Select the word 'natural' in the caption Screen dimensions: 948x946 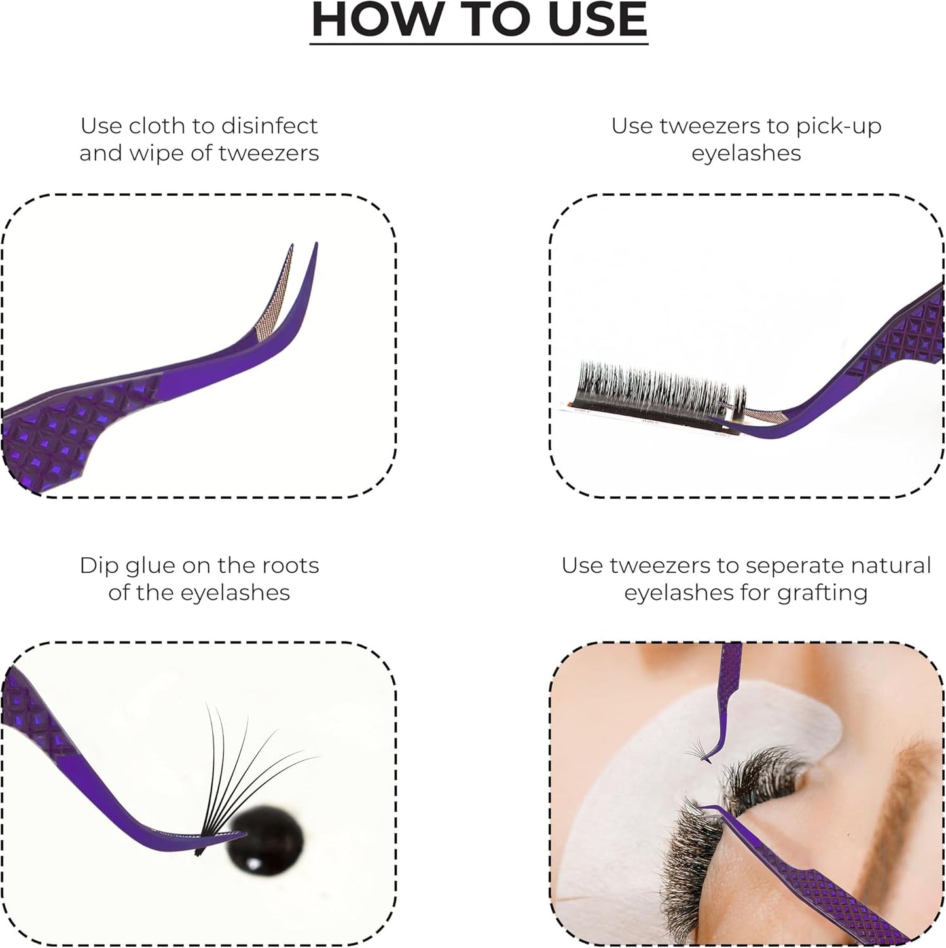pos(894,565)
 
